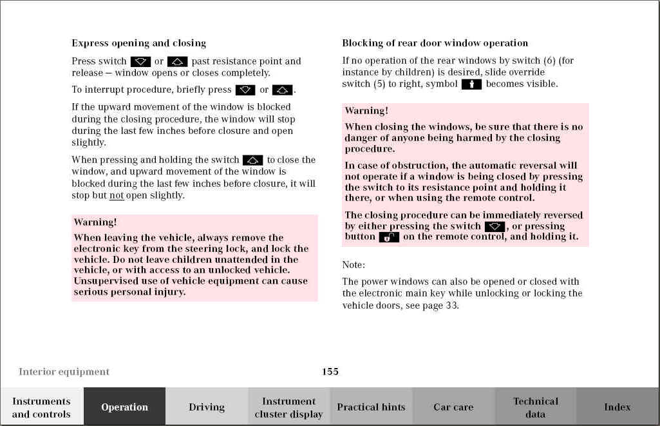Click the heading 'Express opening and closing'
click(x=138, y=43)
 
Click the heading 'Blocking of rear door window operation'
click(x=435, y=43)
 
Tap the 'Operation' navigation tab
click(x=124, y=407)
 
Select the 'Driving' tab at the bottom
click(x=207, y=407)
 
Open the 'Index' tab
click(x=617, y=407)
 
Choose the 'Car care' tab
click(x=453, y=407)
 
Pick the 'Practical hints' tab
click(x=371, y=407)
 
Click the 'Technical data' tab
click(x=535, y=407)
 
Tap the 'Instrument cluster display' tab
click(x=288, y=407)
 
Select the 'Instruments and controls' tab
click(x=41, y=407)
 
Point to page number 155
click(x=330, y=371)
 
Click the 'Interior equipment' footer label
click(x=64, y=371)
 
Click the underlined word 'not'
click(x=116, y=195)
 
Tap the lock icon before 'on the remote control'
click(x=389, y=237)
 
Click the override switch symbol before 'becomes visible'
click(x=471, y=84)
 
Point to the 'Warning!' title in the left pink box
click(x=95, y=222)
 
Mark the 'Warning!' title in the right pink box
click(x=366, y=111)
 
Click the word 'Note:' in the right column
click(x=354, y=264)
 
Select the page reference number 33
click(x=452, y=305)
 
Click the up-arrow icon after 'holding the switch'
click(x=253, y=160)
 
